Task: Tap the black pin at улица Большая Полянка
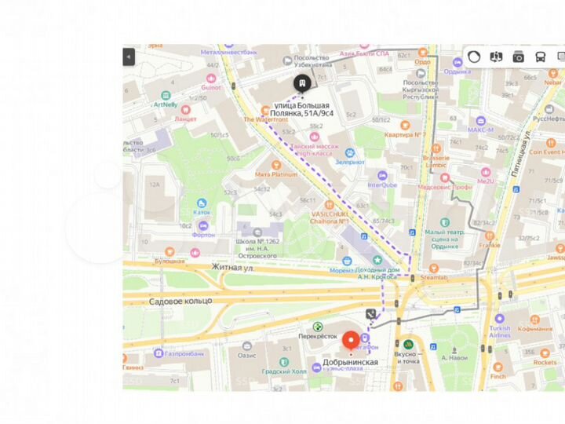[x=301, y=84]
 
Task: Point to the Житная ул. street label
[x=234, y=267]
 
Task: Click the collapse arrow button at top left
[x=129, y=57]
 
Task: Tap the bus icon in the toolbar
[x=541, y=57]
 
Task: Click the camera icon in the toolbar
[x=518, y=57]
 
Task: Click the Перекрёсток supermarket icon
[x=318, y=327]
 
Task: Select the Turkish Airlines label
[x=500, y=333]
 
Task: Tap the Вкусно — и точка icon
[x=407, y=344]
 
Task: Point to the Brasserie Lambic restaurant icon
[x=444, y=156]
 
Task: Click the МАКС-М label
[x=479, y=130]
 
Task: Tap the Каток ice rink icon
[x=202, y=203]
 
